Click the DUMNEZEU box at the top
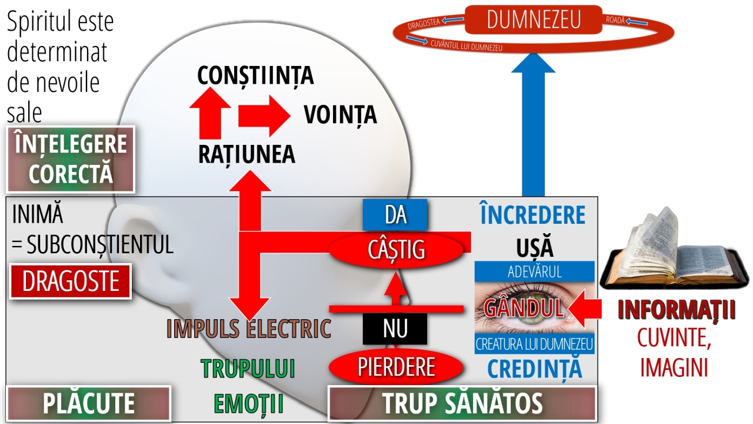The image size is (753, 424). click(534, 19)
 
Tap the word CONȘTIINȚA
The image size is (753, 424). click(255, 75)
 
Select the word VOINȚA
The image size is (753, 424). click(340, 115)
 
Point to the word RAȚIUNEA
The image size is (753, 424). click(246, 154)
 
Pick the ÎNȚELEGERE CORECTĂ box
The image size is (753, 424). click(71, 159)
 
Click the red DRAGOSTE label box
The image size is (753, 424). click(71, 282)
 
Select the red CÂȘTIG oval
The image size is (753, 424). click(396, 250)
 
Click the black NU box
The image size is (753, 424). click(395, 329)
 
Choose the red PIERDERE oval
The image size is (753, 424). click(396, 367)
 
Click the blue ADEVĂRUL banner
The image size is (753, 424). click(534, 271)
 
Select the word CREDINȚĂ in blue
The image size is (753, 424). click(535, 368)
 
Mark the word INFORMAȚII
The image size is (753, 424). click(677, 311)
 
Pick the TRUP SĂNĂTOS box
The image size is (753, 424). click(462, 404)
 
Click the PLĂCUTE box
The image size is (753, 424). click(88, 404)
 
